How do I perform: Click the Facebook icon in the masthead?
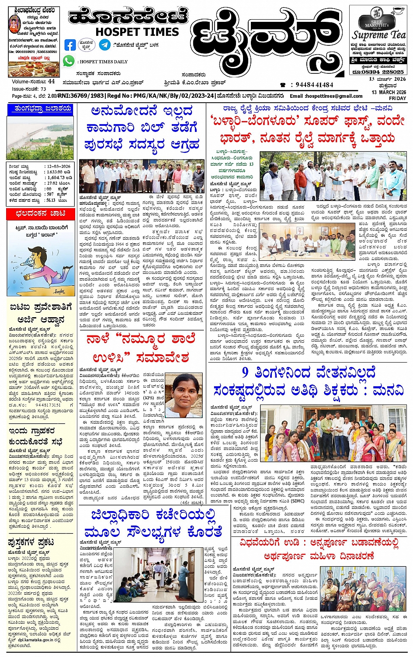(x=70, y=45)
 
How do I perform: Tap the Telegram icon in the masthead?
(x=104, y=45)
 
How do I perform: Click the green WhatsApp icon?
(x=69, y=61)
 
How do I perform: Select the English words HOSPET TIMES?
(x=137, y=32)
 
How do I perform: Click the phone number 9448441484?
(x=314, y=85)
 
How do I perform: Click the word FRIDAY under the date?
(x=398, y=98)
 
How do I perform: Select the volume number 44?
(x=52, y=81)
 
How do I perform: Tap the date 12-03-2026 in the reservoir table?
(x=59, y=166)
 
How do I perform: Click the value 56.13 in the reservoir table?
(x=51, y=201)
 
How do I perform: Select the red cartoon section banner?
(x=40, y=214)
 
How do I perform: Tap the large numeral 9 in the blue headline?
(x=246, y=373)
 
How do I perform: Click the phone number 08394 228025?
(x=378, y=72)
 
